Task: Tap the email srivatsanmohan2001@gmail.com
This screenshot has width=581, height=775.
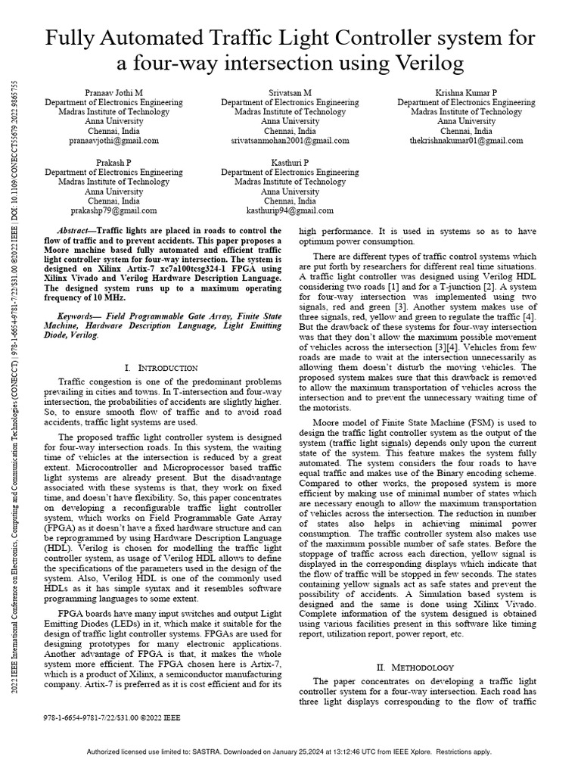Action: [290, 141]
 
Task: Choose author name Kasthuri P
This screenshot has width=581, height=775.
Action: [290, 163]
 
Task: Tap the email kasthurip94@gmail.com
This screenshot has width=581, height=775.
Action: [290, 211]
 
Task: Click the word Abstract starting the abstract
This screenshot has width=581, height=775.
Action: [77, 229]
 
